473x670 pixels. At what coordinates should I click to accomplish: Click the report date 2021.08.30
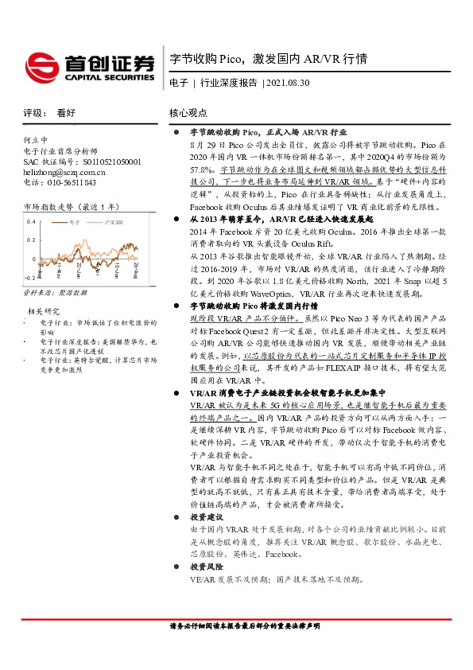(287, 82)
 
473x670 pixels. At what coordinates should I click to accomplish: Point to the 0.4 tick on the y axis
(31, 221)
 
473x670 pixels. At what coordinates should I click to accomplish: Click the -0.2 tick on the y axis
(29, 278)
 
